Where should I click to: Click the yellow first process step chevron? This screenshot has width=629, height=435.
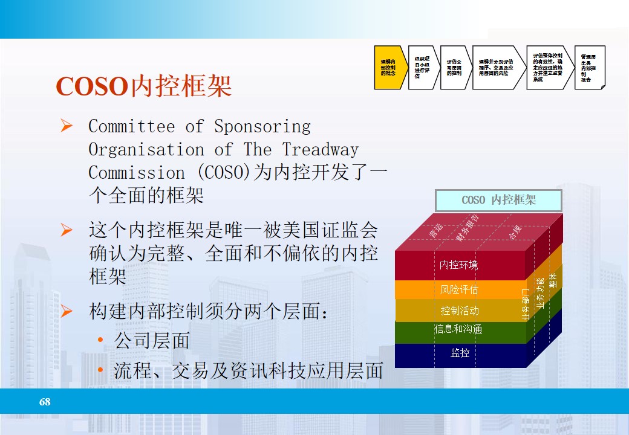coord(388,67)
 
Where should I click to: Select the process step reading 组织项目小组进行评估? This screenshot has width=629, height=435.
coord(423,67)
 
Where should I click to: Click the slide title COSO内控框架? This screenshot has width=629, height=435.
coord(144,86)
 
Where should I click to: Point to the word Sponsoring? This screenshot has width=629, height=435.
coord(262,127)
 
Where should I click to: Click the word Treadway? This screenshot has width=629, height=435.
coord(320,150)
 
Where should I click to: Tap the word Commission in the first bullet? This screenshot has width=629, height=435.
coord(137,173)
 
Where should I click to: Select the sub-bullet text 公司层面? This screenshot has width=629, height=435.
coord(152,341)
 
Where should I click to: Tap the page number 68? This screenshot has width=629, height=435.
coord(45,402)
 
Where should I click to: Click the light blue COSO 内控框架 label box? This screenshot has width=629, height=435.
coord(498,200)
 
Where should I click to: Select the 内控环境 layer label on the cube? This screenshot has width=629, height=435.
coord(458,265)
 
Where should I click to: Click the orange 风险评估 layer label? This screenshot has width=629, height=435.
coord(459,290)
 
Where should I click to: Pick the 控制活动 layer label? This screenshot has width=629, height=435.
coord(460,311)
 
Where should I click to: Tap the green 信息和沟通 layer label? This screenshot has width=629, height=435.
coord(458,330)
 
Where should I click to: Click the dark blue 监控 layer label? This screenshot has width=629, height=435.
coord(460,353)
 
